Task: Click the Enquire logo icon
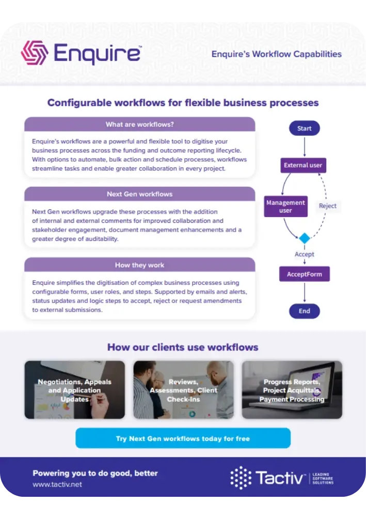[35, 53]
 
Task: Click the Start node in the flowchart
[304, 128]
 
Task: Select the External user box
[303, 165]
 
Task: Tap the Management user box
[285, 206]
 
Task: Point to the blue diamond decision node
[305, 238]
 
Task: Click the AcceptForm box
[304, 274]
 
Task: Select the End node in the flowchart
[304, 311]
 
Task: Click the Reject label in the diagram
[327, 206]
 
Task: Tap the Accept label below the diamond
[304, 254]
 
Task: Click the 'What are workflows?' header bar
[139, 124]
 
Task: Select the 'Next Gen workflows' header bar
[139, 194]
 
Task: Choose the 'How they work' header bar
[139, 265]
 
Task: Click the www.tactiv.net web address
[57, 484]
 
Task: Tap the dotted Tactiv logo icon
[241, 478]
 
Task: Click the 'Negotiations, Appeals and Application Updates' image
[75, 390]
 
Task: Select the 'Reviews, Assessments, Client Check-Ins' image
[183, 390]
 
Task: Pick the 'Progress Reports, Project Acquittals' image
[292, 390]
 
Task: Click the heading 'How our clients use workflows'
[183, 347]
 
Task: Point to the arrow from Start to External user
[304, 146]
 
